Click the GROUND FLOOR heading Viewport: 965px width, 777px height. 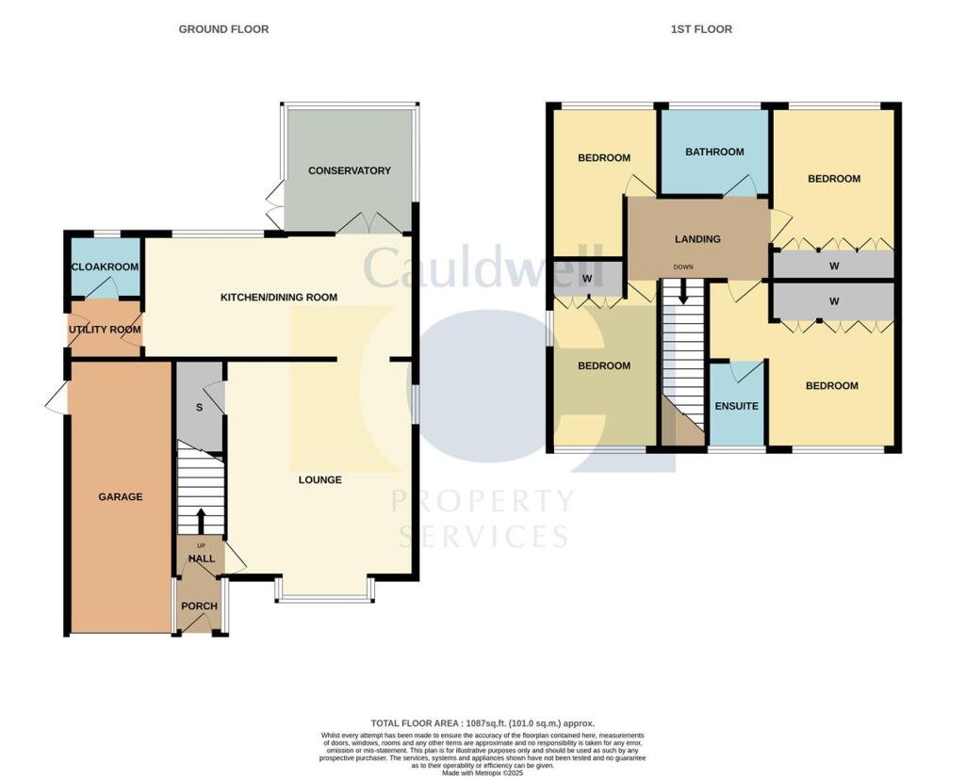[223, 29]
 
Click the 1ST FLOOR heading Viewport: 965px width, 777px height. [700, 29]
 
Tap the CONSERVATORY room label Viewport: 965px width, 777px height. [349, 170]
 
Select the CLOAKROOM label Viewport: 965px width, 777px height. [105, 267]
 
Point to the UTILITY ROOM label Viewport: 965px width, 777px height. [104, 330]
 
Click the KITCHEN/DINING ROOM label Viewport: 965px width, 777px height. [278, 298]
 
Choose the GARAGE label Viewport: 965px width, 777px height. [121, 496]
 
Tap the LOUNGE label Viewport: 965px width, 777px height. [319, 480]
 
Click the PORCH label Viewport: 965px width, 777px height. [200, 607]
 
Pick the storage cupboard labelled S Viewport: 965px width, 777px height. [199, 408]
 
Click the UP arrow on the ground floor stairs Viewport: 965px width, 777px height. [200, 520]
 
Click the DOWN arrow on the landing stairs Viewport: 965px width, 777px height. [683, 294]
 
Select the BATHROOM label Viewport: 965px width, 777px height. [714, 152]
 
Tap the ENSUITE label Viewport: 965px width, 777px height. [736, 406]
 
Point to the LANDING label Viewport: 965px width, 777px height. [697, 239]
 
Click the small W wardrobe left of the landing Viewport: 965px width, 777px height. [587, 279]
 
